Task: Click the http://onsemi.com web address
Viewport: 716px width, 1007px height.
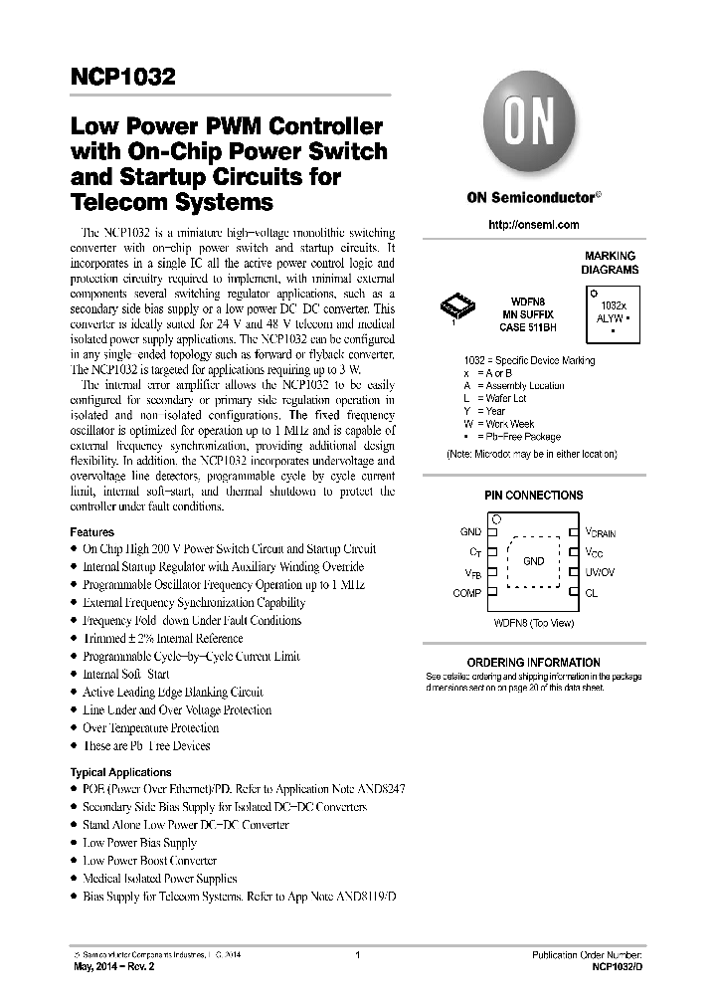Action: (x=533, y=225)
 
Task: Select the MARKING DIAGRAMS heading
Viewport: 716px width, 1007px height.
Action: (x=610, y=263)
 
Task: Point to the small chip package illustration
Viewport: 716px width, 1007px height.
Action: (x=456, y=309)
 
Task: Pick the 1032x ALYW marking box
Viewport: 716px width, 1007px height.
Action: (x=613, y=312)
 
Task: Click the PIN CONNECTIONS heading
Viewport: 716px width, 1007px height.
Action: (x=533, y=495)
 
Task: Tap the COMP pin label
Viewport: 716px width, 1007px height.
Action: (x=467, y=593)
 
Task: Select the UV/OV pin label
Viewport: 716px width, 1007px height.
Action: (x=600, y=573)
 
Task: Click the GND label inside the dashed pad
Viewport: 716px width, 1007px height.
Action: (x=533, y=561)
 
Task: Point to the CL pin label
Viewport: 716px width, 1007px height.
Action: (x=592, y=593)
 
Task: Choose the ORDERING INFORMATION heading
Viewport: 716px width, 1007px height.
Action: (x=533, y=662)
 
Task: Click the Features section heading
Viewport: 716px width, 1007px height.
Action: (x=91, y=532)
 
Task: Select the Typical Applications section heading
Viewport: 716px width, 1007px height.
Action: (x=120, y=772)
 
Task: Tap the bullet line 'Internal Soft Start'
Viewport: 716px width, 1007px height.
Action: (x=125, y=674)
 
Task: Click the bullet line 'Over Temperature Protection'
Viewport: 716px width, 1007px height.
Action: (x=150, y=727)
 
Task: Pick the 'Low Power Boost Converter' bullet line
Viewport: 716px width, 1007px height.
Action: (x=149, y=861)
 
